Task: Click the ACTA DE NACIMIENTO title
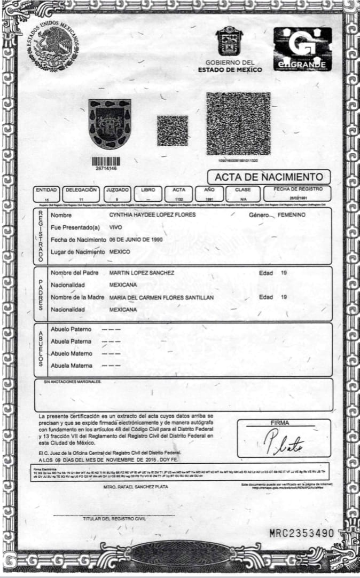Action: [269, 177]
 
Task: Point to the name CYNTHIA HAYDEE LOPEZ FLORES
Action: [152, 215]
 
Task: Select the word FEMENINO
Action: [292, 215]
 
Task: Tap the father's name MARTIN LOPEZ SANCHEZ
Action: [142, 273]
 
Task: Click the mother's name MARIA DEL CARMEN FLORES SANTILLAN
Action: [161, 297]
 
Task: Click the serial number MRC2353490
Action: [301, 533]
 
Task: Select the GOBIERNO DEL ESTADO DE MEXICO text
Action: [230, 66]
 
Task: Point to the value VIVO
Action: [115, 227]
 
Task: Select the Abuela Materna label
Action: [71, 366]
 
